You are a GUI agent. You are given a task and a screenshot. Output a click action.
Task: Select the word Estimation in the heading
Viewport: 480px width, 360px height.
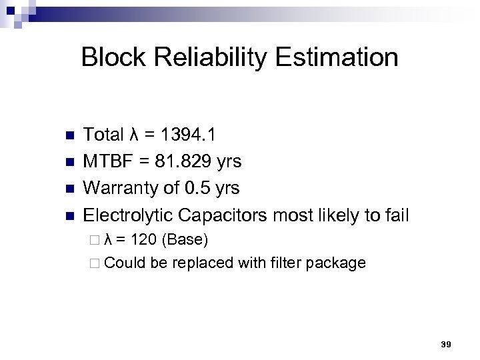tap(338, 57)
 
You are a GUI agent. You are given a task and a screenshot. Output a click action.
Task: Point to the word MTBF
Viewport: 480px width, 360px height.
tap(108, 161)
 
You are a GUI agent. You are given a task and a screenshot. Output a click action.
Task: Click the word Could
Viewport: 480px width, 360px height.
tap(125, 263)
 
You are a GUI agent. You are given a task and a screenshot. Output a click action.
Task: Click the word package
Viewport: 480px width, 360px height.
tap(337, 263)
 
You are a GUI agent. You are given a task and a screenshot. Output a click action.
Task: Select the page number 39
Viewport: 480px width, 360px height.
tap(446, 345)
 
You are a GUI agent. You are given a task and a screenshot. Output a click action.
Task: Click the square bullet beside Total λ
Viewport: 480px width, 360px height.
tap(68, 136)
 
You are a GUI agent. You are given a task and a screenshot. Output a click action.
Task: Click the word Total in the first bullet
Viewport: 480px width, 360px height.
tap(103, 135)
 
